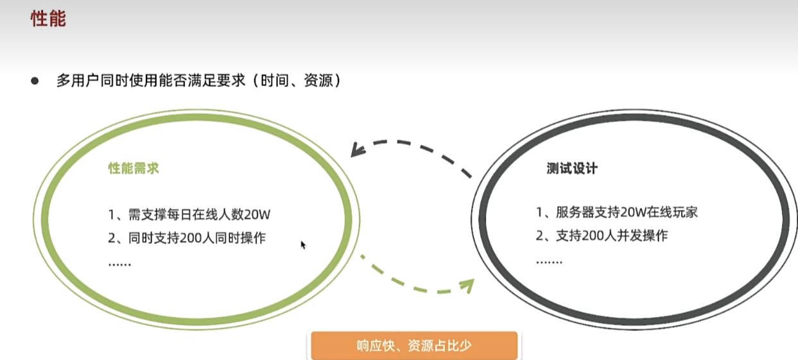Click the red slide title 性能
click(x=48, y=19)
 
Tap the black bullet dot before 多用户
click(x=35, y=81)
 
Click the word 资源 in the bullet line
click(x=318, y=80)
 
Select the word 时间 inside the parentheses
click(x=275, y=80)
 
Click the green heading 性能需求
click(x=134, y=168)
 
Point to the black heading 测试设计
click(x=572, y=168)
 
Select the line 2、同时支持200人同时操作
click(x=187, y=238)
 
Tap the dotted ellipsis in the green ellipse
click(x=119, y=264)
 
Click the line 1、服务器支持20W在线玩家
click(x=617, y=212)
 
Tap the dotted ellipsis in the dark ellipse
click(x=550, y=262)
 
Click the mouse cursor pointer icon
click(x=303, y=245)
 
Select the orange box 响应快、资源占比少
click(x=414, y=345)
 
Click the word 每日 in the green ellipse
click(x=174, y=214)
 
